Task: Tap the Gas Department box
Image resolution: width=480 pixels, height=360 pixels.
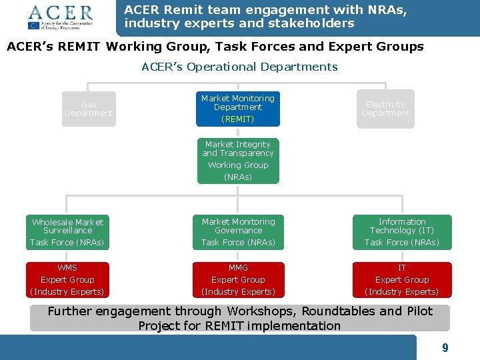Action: tap(89, 109)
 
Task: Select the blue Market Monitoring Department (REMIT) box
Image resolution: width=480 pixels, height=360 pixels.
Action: tap(238, 109)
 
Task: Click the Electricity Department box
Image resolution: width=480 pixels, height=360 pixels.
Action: tap(385, 109)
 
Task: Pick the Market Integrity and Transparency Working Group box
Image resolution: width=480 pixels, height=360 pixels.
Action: tap(238, 161)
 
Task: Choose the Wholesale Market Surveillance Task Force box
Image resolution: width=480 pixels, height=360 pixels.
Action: tap(67, 232)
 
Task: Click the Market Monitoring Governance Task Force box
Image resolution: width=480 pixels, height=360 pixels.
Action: tap(238, 232)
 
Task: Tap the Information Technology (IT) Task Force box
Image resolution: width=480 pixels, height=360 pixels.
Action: tap(402, 232)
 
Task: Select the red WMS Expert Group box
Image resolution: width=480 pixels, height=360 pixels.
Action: tap(67, 280)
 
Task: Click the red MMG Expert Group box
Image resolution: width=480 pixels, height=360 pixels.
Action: tap(238, 280)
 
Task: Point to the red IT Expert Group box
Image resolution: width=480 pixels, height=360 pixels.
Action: tap(402, 280)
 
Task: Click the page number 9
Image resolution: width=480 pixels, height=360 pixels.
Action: tap(445, 348)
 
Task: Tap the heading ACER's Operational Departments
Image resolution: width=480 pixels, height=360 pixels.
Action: tap(239, 67)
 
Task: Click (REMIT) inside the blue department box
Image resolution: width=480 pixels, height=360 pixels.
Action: tap(238, 119)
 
